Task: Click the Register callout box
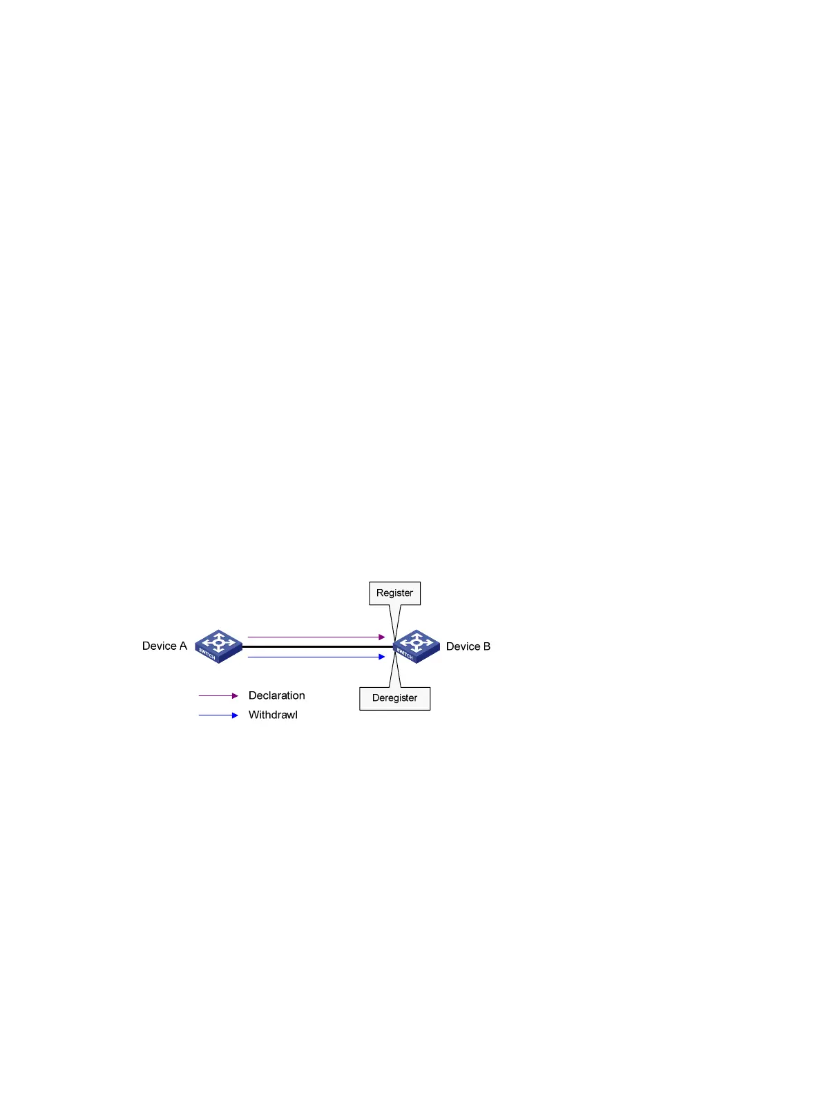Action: click(394, 593)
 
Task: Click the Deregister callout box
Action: click(394, 698)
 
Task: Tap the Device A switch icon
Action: click(218, 646)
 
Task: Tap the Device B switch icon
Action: click(417, 646)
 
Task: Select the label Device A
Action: click(164, 646)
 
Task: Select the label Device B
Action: click(468, 646)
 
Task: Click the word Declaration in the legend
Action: click(276, 695)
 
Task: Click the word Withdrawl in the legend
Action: click(273, 715)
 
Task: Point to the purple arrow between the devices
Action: click(314, 637)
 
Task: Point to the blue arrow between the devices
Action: click(314, 657)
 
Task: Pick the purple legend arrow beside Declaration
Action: click(218, 696)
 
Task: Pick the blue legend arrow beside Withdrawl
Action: click(218, 715)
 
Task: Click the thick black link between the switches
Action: click(318, 646)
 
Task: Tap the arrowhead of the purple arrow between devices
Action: click(382, 637)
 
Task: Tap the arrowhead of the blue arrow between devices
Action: click(382, 657)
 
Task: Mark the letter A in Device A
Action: click(183, 646)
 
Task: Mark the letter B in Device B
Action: click(487, 646)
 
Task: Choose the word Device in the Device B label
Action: click(463, 646)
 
